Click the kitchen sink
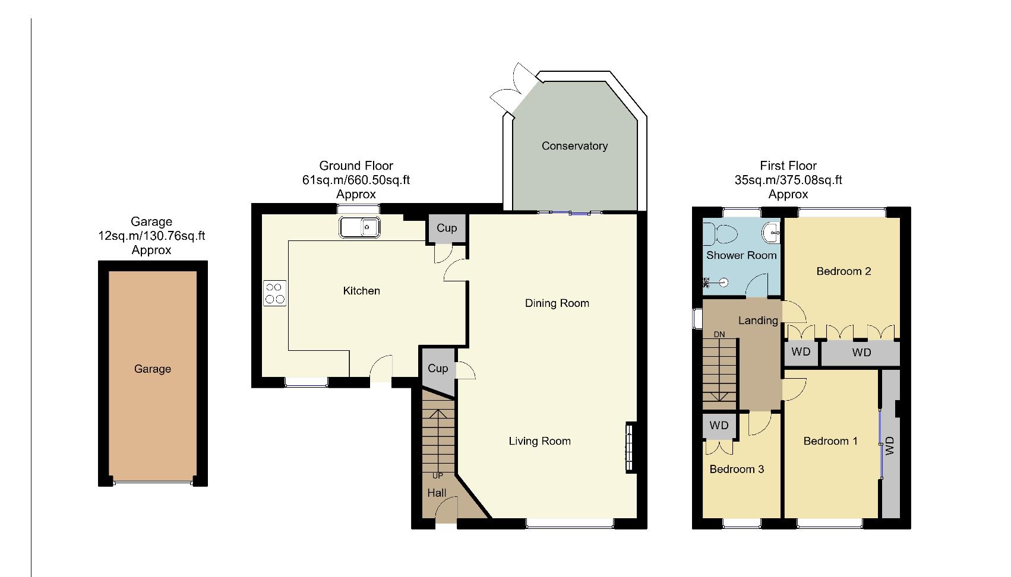360,227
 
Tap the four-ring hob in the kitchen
274,293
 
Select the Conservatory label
574,146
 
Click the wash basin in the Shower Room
772,232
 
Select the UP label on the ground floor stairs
437,475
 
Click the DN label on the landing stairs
719,334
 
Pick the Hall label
437,493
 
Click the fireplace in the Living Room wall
629,448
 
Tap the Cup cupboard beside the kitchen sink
447,228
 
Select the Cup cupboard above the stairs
438,369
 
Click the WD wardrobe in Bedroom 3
719,426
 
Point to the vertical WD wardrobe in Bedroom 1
889,445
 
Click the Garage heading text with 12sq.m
151,236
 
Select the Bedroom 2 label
843,271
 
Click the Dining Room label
557,303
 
